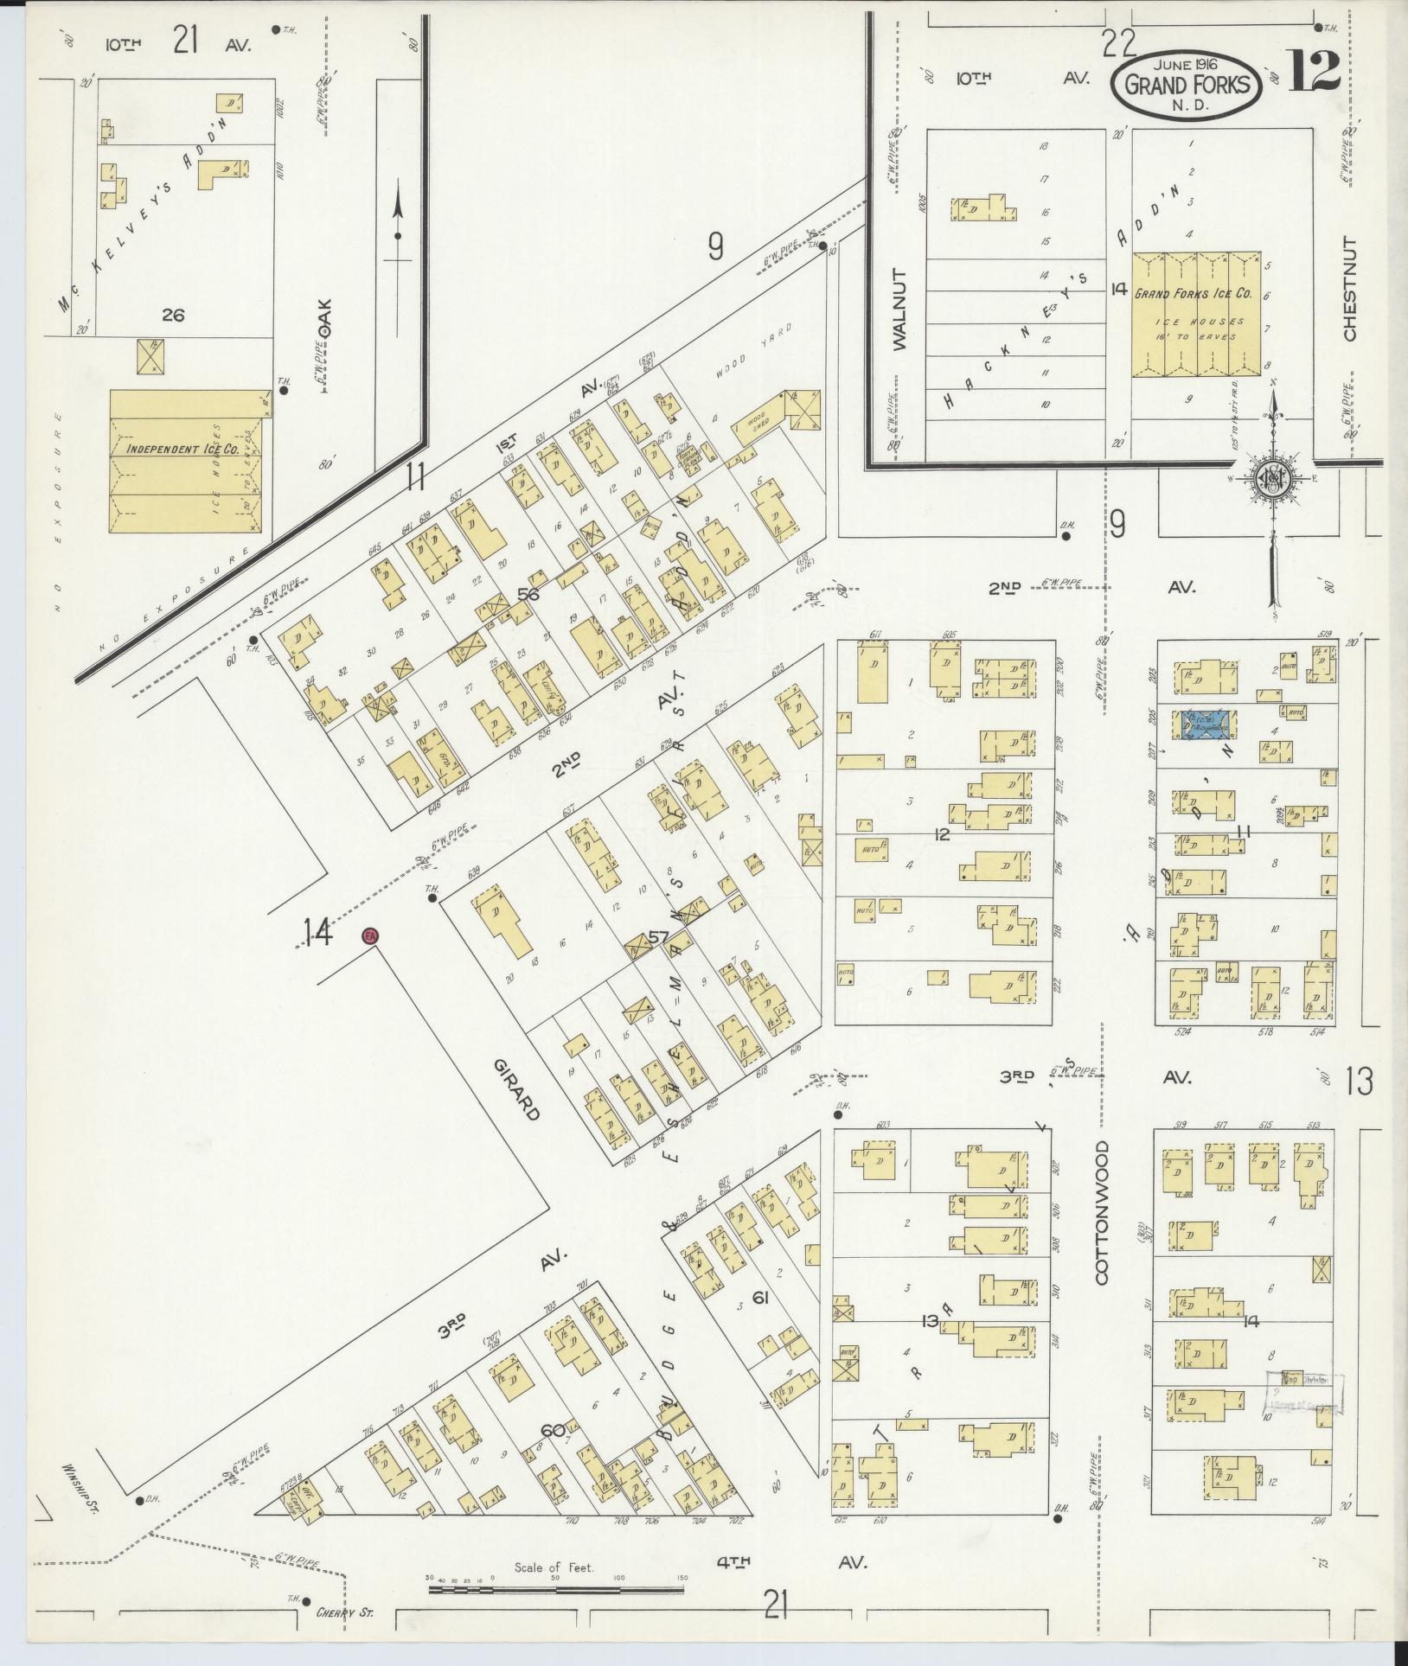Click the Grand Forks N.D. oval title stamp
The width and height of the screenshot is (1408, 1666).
pos(1185,84)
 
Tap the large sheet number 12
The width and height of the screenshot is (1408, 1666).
pos(1315,71)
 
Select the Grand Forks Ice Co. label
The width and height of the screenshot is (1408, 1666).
pos(1193,294)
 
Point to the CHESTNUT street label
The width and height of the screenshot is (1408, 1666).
pos(1350,289)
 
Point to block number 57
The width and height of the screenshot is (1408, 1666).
pos(659,936)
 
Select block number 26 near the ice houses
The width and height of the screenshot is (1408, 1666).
pos(173,316)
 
